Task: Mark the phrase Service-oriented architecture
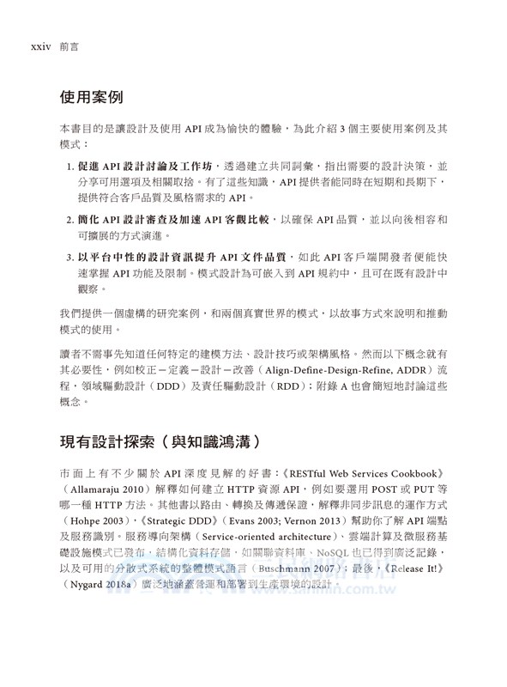pyautogui.click(x=256, y=538)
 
